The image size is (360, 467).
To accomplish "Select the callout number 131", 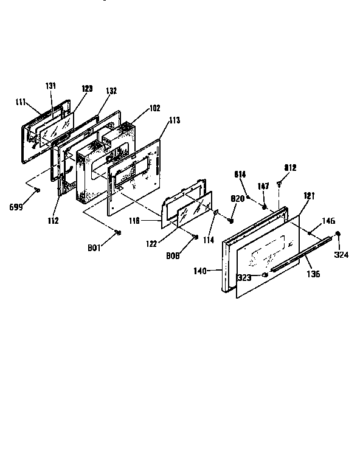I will [x=50, y=86].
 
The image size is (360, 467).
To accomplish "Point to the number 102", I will [x=154, y=108].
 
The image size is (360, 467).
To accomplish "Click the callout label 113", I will [x=175, y=120].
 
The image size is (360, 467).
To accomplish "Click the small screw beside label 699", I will [x=38, y=190].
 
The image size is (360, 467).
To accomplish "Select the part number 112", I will [x=54, y=220].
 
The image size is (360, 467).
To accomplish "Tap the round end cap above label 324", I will [x=337, y=234].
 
